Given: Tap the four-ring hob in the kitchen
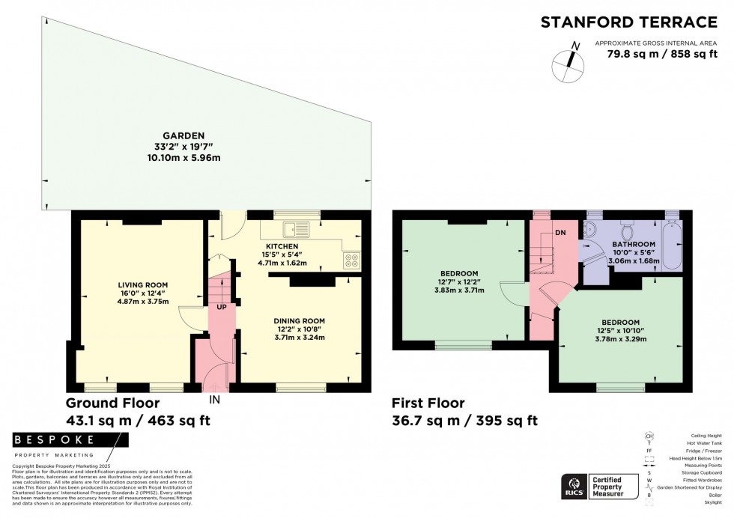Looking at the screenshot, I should (351, 260).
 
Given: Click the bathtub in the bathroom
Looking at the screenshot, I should (672, 246).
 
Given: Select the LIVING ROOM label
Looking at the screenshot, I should (142, 284).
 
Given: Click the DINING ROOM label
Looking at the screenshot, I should (299, 320).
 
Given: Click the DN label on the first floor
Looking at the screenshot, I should (560, 233).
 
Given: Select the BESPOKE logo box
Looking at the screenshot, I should (53, 440).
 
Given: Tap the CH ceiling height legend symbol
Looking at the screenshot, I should (649, 436).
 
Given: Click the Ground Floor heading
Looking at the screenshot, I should (107, 403).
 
